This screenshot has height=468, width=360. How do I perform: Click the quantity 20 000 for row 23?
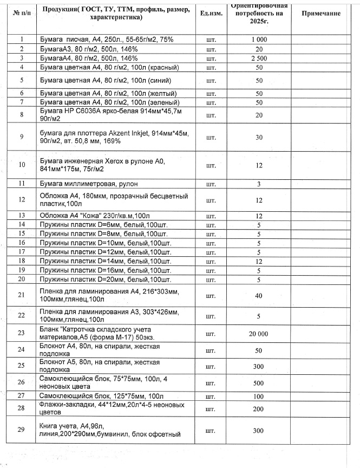[x=259, y=334]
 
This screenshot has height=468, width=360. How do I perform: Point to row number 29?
[x=22, y=430]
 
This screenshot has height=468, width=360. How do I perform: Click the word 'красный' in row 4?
[x=161, y=67]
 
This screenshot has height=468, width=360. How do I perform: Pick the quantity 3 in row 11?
[x=259, y=184]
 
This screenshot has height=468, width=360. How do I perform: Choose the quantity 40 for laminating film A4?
[x=259, y=295]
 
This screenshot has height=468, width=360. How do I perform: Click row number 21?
[x=22, y=295]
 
